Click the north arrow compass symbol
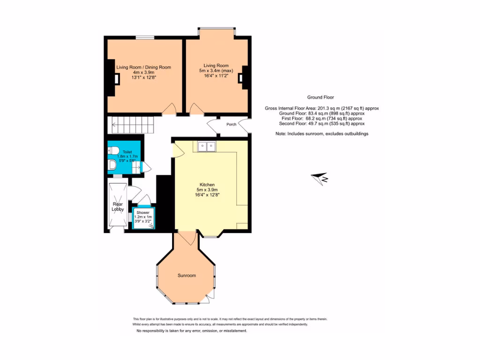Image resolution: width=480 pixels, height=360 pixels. (321, 178)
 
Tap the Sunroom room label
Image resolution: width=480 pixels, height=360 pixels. (187, 275)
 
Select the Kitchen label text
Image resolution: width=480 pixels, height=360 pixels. (207, 185)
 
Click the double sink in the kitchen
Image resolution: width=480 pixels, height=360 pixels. (207, 147)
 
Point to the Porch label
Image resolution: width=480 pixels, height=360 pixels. (231, 125)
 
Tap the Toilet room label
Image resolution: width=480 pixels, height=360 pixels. (127, 152)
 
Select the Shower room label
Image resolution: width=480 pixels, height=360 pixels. (142, 212)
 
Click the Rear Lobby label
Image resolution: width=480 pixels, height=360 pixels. (117, 207)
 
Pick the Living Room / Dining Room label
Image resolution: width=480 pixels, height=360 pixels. (143, 67)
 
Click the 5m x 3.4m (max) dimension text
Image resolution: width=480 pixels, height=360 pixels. (216, 71)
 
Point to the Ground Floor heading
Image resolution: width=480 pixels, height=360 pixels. (321, 97)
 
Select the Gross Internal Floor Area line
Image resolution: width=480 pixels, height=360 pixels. (322, 108)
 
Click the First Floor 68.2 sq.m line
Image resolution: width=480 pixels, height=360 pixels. (322, 119)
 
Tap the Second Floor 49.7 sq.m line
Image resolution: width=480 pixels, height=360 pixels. (322, 124)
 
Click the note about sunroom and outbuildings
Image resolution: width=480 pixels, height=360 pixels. (322, 134)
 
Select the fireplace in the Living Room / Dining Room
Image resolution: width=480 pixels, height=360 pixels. (113, 79)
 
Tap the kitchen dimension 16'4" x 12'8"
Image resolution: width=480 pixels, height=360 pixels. (207, 195)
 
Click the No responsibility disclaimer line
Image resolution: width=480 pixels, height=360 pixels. (191, 331)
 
